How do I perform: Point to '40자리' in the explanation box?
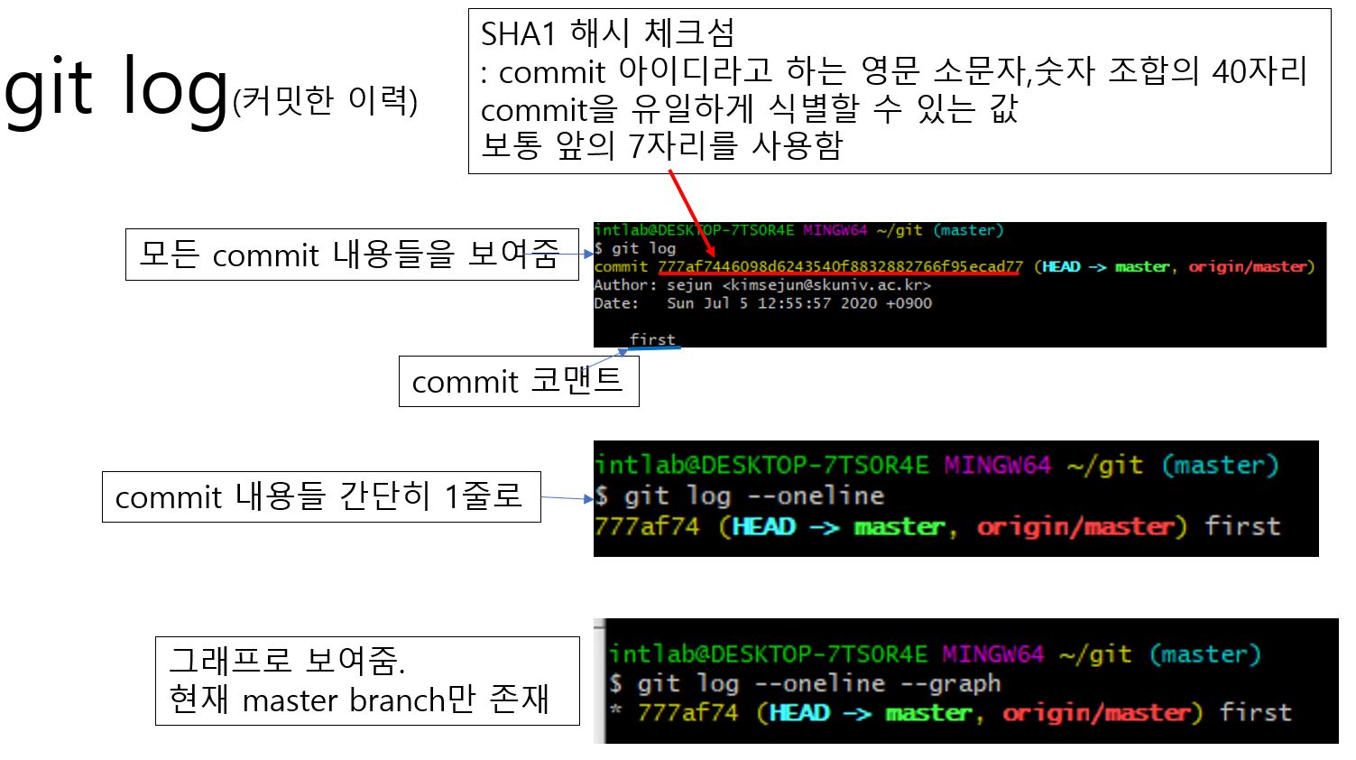[x=1259, y=71]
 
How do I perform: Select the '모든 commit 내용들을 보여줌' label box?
[x=351, y=255]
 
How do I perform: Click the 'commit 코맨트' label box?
[x=518, y=381]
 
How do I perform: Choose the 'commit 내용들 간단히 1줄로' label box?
[x=320, y=496]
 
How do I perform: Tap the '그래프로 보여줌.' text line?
[x=288, y=661]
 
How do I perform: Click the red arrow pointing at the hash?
[x=692, y=215]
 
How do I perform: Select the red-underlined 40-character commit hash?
[x=840, y=266]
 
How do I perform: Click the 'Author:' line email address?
[x=826, y=285]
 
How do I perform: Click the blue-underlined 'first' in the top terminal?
[x=652, y=339]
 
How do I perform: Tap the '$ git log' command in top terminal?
[x=636, y=248]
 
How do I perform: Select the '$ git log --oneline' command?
[x=740, y=496]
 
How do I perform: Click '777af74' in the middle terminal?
[x=647, y=526]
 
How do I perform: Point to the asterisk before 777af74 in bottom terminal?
[x=616, y=709]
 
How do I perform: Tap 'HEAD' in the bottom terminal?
[x=799, y=713]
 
